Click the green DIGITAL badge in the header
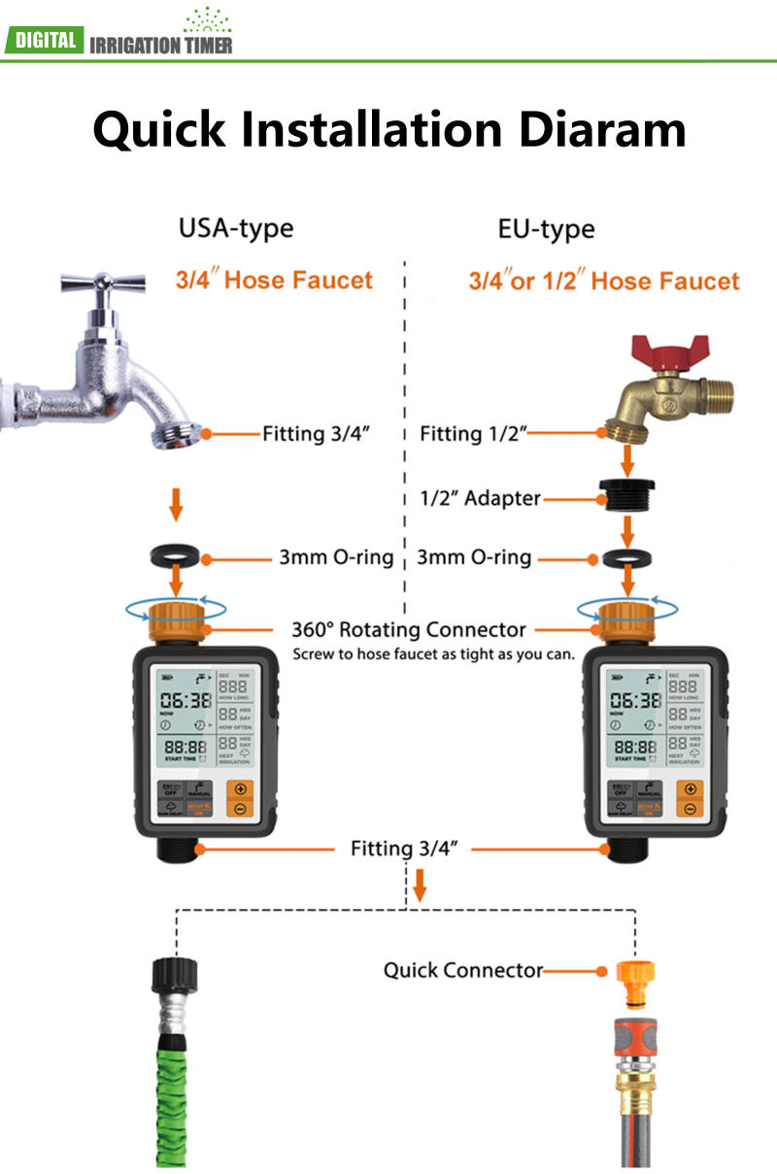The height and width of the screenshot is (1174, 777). pyautogui.click(x=43, y=40)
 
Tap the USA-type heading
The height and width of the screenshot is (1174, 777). pyautogui.click(x=235, y=229)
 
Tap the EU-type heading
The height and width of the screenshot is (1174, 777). pyautogui.click(x=546, y=229)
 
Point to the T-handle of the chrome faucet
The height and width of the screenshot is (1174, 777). pyautogui.click(x=103, y=283)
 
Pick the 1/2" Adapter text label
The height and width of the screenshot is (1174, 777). pyautogui.click(x=474, y=499)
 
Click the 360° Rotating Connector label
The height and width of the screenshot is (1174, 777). pyautogui.click(x=409, y=629)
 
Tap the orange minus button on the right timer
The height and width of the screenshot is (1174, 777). pyautogui.click(x=690, y=809)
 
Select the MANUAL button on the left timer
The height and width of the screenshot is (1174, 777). pyautogui.click(x=199, y=790)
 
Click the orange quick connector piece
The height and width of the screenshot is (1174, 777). pyautogui.click(x=637, y=979)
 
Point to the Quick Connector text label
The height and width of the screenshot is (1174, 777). pyautogui.click(x=462, y=969)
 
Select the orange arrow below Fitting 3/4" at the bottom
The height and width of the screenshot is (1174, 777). pyautogui.click(x=420, y=885)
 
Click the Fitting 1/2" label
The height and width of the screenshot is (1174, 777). pyautogui.click(x=473, y=433)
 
